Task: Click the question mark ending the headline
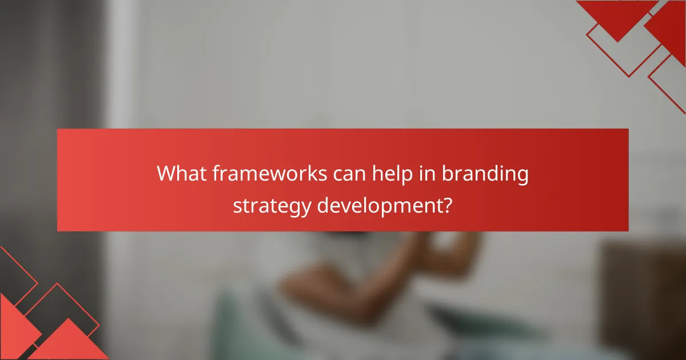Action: tap(448, 205)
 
